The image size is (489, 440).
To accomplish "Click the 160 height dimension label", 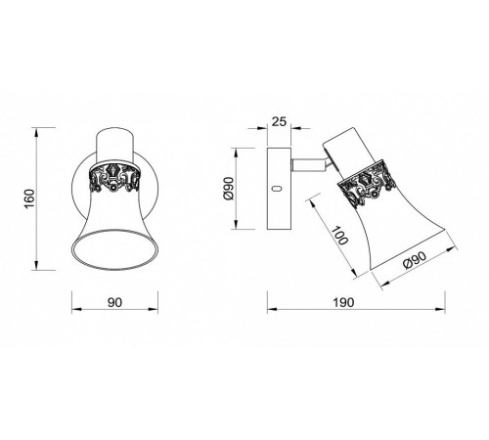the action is pos(29,199).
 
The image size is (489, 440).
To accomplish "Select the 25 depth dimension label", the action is pos(279,121).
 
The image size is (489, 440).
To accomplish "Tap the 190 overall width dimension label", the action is pos(343,302).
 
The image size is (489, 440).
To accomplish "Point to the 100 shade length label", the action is pos(339,236).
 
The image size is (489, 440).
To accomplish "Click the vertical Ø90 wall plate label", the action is pos(229,189).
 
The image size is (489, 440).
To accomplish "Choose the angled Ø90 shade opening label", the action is pos(415,260).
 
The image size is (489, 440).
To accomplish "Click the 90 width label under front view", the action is pos(114,302).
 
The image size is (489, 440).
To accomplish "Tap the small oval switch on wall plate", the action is pos(277,189).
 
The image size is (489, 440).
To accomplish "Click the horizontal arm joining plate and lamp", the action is pos(308,165).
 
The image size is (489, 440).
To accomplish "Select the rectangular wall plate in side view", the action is pos(279,189).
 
